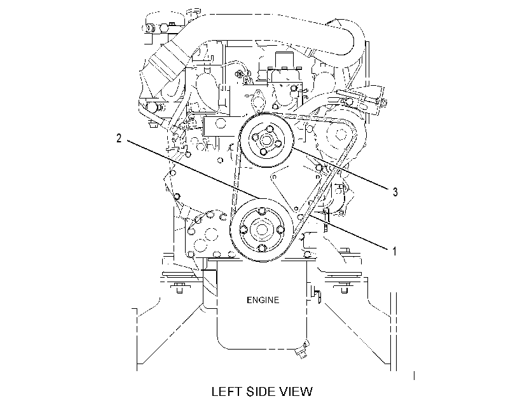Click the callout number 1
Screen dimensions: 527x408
(x=395, y=251)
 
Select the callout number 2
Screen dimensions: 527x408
(x=119, y=138)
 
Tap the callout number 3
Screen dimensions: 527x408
(x=395, y=192)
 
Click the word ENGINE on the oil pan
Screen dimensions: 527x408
(x=263, y=300)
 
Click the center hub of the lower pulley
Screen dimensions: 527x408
(x=262, y=230)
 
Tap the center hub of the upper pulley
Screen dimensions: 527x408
(x=266, y=139)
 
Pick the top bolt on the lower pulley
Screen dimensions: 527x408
(x=262, y=212)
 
